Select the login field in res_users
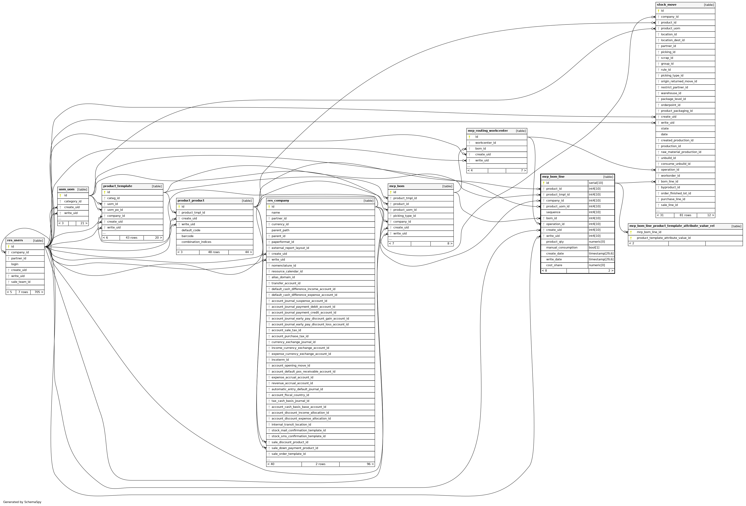click(15, 264)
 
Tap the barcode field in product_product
click(187, 236)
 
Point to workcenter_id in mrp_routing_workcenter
click(485, 143)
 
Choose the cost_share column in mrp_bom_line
click(554, 265)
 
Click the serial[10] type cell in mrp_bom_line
click(596, 183)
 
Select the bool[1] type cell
click(594, 247)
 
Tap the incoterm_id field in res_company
click(280, 360)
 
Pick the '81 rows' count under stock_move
click(685, 215)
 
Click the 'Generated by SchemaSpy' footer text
click(22, 502)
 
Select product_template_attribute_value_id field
click(663, 238)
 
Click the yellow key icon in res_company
click(269, 207)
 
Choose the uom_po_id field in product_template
click(115, 210)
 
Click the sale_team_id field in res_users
click(20, 282)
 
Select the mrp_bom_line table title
click(553, 177)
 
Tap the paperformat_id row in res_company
click(282, 242)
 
